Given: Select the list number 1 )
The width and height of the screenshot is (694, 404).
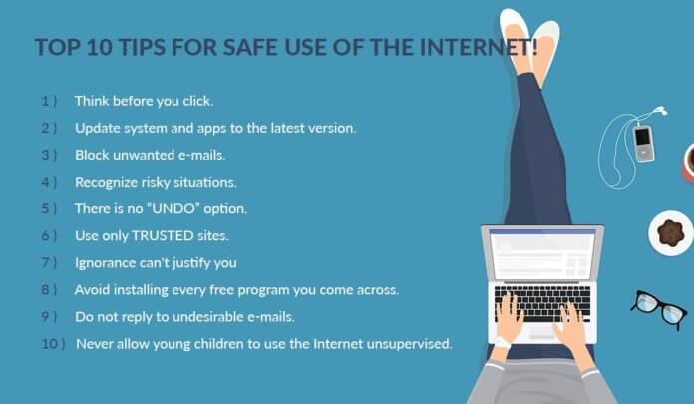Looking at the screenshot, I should (49, 101).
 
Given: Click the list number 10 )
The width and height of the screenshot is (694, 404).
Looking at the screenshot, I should (52, 344).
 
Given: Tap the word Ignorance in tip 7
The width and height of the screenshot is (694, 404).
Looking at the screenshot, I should (108, 263).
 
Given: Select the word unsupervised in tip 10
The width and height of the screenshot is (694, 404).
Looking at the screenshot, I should (410, 344).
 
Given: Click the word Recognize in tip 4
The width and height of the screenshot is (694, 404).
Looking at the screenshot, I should (110, 182).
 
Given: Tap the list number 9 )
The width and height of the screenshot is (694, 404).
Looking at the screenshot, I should (49, 317).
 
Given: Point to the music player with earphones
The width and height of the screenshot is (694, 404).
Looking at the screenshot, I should (644, 143).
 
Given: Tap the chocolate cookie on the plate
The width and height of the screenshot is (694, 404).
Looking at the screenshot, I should (671, 232).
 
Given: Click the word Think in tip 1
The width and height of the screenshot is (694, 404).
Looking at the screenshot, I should (92, 101).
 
